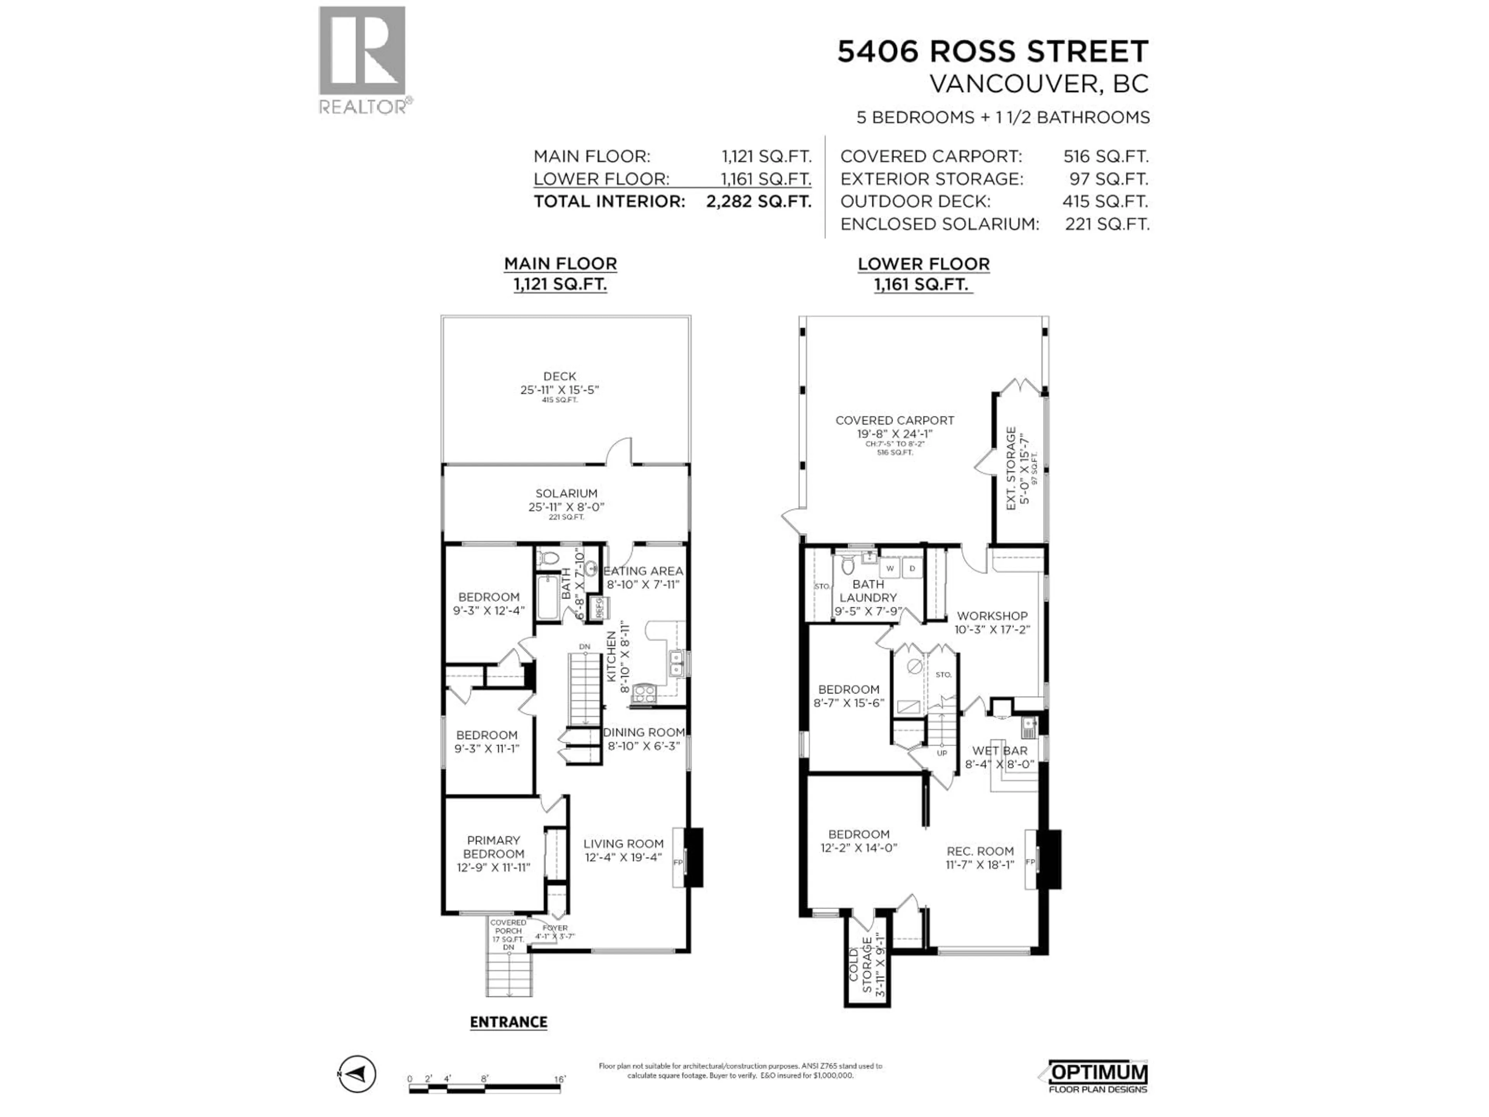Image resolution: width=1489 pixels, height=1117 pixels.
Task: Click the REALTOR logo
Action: (x=362, y=61)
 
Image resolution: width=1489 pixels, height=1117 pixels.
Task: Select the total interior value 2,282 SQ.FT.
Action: (x=758, y=201)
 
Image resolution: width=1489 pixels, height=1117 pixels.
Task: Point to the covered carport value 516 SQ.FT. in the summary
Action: (x=1105, y=156)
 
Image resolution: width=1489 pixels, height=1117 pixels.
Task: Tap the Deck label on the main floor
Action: (x=560, y=376)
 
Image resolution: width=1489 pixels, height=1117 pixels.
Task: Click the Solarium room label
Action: (x=566, y=493)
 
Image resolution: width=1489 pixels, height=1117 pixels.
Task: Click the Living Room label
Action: (x=624, y=844)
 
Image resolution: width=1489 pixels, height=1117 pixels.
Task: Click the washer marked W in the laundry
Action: (x=890, y=568)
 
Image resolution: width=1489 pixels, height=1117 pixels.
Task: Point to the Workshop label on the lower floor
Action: (x=992, y=616)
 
